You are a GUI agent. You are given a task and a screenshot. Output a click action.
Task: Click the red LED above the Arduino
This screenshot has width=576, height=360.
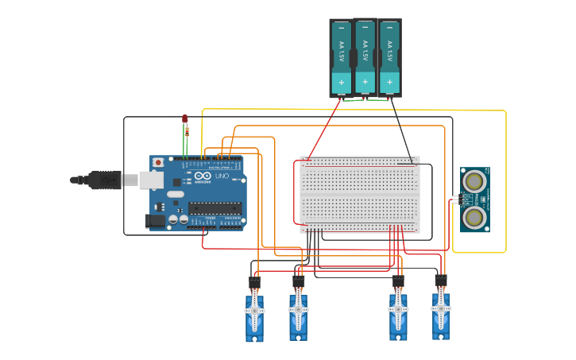point(185,118)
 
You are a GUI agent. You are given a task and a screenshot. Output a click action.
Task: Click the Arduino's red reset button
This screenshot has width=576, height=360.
point(158,162)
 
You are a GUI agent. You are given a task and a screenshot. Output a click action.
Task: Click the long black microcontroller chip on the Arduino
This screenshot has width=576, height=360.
point(215,208)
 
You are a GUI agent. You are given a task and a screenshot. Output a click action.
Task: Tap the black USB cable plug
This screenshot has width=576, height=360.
point(103,180)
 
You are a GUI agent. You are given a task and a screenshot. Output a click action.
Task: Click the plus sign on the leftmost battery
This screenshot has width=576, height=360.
point(342,82)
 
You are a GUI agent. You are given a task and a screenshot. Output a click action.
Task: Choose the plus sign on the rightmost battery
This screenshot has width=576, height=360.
point(389,81)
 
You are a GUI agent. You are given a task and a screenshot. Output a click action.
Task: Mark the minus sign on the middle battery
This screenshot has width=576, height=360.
point(365,29)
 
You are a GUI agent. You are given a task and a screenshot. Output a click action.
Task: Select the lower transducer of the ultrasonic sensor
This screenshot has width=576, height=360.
point(474,216)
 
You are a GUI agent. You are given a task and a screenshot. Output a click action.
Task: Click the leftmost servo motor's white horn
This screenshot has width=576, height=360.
point(255,312)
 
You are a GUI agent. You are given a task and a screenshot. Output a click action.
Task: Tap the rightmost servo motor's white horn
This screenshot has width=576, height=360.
point(441,308)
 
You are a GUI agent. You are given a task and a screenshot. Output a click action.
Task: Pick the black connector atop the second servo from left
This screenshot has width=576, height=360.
point(299,281)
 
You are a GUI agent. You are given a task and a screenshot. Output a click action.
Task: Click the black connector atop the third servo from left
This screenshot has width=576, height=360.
point(398,281)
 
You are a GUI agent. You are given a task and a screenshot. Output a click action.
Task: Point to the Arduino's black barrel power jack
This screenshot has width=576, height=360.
point(156,221)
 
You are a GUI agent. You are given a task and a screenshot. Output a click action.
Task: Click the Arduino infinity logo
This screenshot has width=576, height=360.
point(203,175)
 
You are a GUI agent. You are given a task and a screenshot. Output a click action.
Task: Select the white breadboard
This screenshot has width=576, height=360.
point(360,192)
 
